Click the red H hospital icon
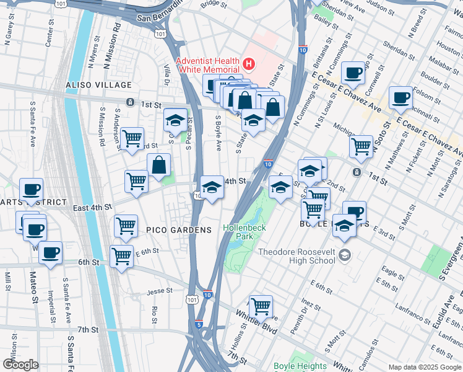[249, 63]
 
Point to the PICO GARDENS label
[179, 230]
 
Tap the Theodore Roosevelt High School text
[296, 257]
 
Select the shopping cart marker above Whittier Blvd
[261, 306]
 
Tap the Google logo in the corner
[21, 365]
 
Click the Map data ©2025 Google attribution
[424, 367]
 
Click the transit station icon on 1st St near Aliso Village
[131, 102]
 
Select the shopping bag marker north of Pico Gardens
[159, 165]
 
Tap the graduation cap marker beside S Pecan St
[176, 120]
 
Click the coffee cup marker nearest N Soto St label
[400, 98]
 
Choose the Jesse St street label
[159, 291]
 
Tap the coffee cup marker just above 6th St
[51, 253]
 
